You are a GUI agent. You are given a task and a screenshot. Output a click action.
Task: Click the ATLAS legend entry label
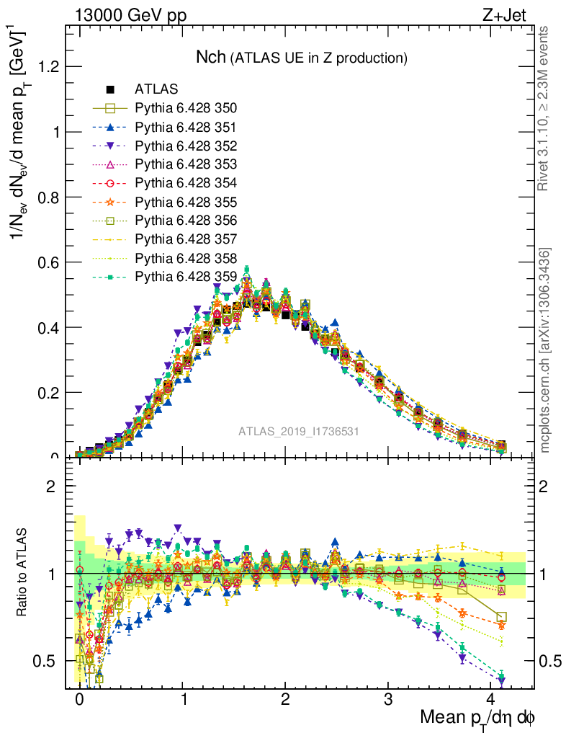(156, 89)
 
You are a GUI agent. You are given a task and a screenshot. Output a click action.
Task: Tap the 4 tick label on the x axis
(491, 699)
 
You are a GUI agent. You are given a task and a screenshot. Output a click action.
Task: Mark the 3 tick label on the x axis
(388, 699)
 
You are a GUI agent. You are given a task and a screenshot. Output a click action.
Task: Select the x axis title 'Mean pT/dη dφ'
(477, 718)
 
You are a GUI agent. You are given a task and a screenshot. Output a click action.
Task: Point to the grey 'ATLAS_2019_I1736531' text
(299, 432)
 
